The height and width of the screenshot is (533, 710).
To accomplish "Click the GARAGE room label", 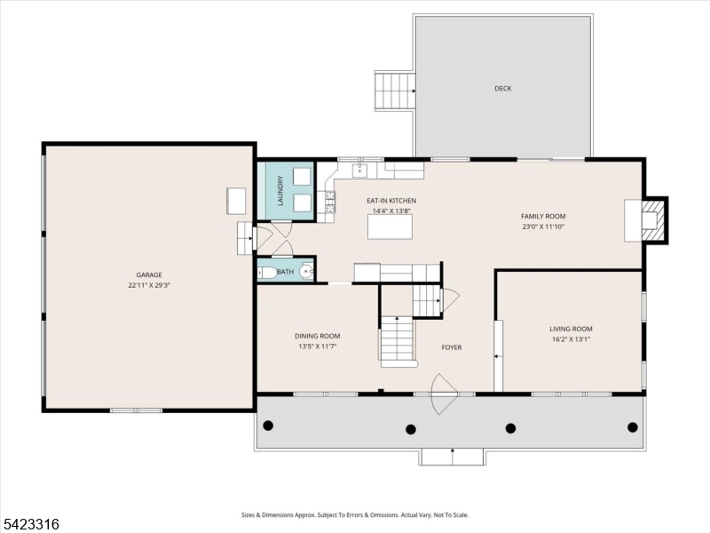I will tap(149, 275).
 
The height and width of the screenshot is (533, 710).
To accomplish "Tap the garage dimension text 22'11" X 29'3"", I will tap(149, 286).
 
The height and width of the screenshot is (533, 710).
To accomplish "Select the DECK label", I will tap(503, 88).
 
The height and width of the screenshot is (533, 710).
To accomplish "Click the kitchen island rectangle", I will tap(391, 227).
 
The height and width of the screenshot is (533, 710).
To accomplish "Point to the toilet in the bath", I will tap(267, 272).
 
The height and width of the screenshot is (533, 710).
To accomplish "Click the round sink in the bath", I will tap(306, 272).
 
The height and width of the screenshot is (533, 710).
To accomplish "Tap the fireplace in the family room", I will tap(651, 220).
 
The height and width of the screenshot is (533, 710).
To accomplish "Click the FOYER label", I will tap(452, 347).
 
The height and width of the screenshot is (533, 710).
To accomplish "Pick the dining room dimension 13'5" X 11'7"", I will tap(318, 346).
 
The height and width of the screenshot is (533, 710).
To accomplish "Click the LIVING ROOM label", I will tap(571, 329).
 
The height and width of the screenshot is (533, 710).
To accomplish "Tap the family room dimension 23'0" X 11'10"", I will tap(543, 227).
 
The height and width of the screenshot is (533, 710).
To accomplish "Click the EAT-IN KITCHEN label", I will tap(391, 201).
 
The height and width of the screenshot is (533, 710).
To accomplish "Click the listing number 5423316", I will tap(30, 524).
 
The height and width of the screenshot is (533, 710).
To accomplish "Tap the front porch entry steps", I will tap(453, 457).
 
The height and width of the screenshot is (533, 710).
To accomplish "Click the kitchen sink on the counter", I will tap(360, 168).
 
